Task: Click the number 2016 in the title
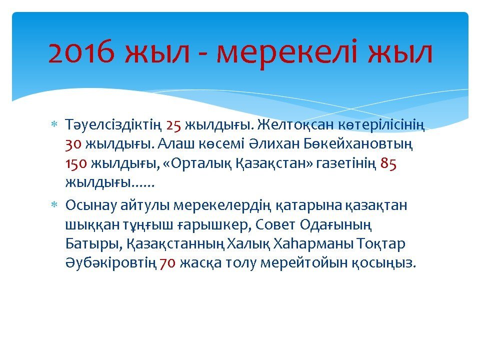[x=81, y=52]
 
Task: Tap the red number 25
[x=174, y=125]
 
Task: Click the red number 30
[x=73, y=144]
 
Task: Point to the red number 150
[x=76, y=164]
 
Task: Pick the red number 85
[x=388, y=164]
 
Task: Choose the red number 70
[x=167, y=263]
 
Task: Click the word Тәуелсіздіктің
[x=113, y=125]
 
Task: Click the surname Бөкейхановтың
[x=358, y=144]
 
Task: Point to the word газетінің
[x=346, y=164]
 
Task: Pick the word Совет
[x=275, y=224]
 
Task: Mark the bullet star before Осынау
[x=54, y=204]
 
